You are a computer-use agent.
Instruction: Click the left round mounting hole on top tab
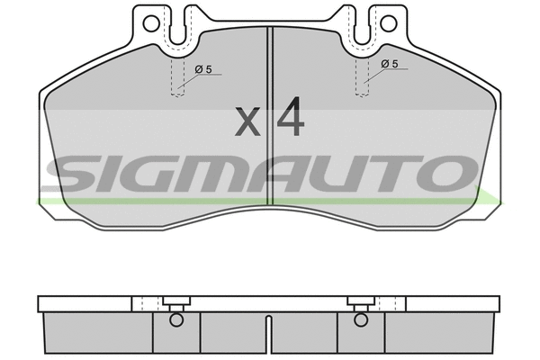[151, 23]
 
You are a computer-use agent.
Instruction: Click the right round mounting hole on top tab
[389, 23]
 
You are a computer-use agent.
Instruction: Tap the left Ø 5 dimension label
[203, 69]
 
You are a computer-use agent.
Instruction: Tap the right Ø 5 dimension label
[390, 64]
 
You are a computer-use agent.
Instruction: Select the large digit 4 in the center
[291, 116]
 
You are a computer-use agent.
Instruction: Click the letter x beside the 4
[247, 121]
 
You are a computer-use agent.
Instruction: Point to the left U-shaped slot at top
[177, 26]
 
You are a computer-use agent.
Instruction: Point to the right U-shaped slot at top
[362, 26]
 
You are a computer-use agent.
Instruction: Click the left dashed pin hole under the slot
[177, 77]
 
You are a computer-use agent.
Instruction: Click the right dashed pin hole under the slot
[363, 76]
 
